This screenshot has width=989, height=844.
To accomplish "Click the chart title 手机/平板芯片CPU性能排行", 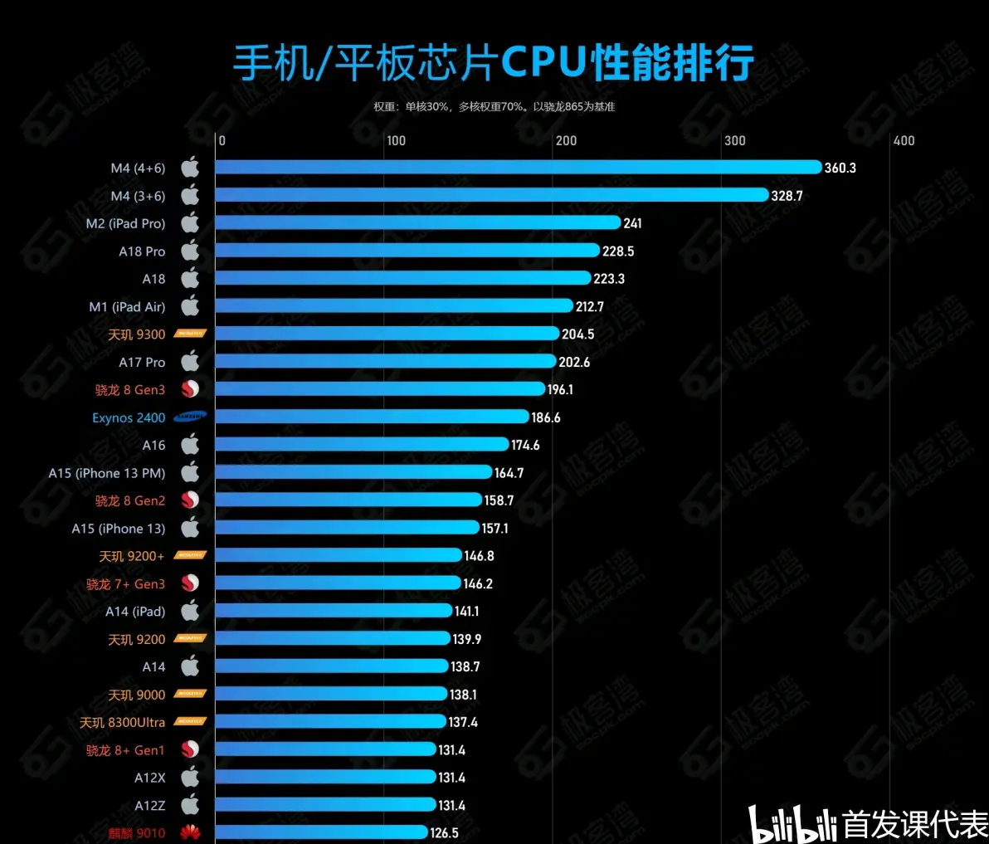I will click(x=493, y=63).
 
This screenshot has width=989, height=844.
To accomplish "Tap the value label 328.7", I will click(x=787, y=196).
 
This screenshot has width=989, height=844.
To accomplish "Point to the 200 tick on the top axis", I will click(x=567, y=141).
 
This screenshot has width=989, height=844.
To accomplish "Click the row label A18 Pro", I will click(x=142, y=251).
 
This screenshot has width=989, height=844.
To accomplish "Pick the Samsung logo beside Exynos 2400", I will click(x=190, y=417).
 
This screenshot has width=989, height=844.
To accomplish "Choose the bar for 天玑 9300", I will click(x=387, y=334).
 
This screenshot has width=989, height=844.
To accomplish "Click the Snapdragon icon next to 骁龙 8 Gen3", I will click(x=190, y=389).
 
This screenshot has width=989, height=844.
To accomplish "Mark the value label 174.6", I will click(x=525, y=445).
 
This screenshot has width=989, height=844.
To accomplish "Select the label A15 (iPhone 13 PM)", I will click(x=107, y=473).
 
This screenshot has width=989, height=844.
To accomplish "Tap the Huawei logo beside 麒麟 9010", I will click(x=190, y=832).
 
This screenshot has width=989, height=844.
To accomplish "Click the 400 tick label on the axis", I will click(x=904, y=141).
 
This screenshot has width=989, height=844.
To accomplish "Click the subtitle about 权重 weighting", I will click(x=494, y=106).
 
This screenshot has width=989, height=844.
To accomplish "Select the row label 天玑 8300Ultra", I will click(x=122, y=723).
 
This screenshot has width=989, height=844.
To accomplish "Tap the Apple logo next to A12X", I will click(x=190, y=778).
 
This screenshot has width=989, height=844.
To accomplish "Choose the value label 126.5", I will click(x=444, y=832).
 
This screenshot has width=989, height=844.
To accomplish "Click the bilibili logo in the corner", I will click(x=792, y=824).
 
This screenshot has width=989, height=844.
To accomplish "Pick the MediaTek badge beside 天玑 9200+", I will click(x=190, y=555).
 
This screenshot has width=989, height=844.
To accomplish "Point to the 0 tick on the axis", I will click(x=222, y=141).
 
